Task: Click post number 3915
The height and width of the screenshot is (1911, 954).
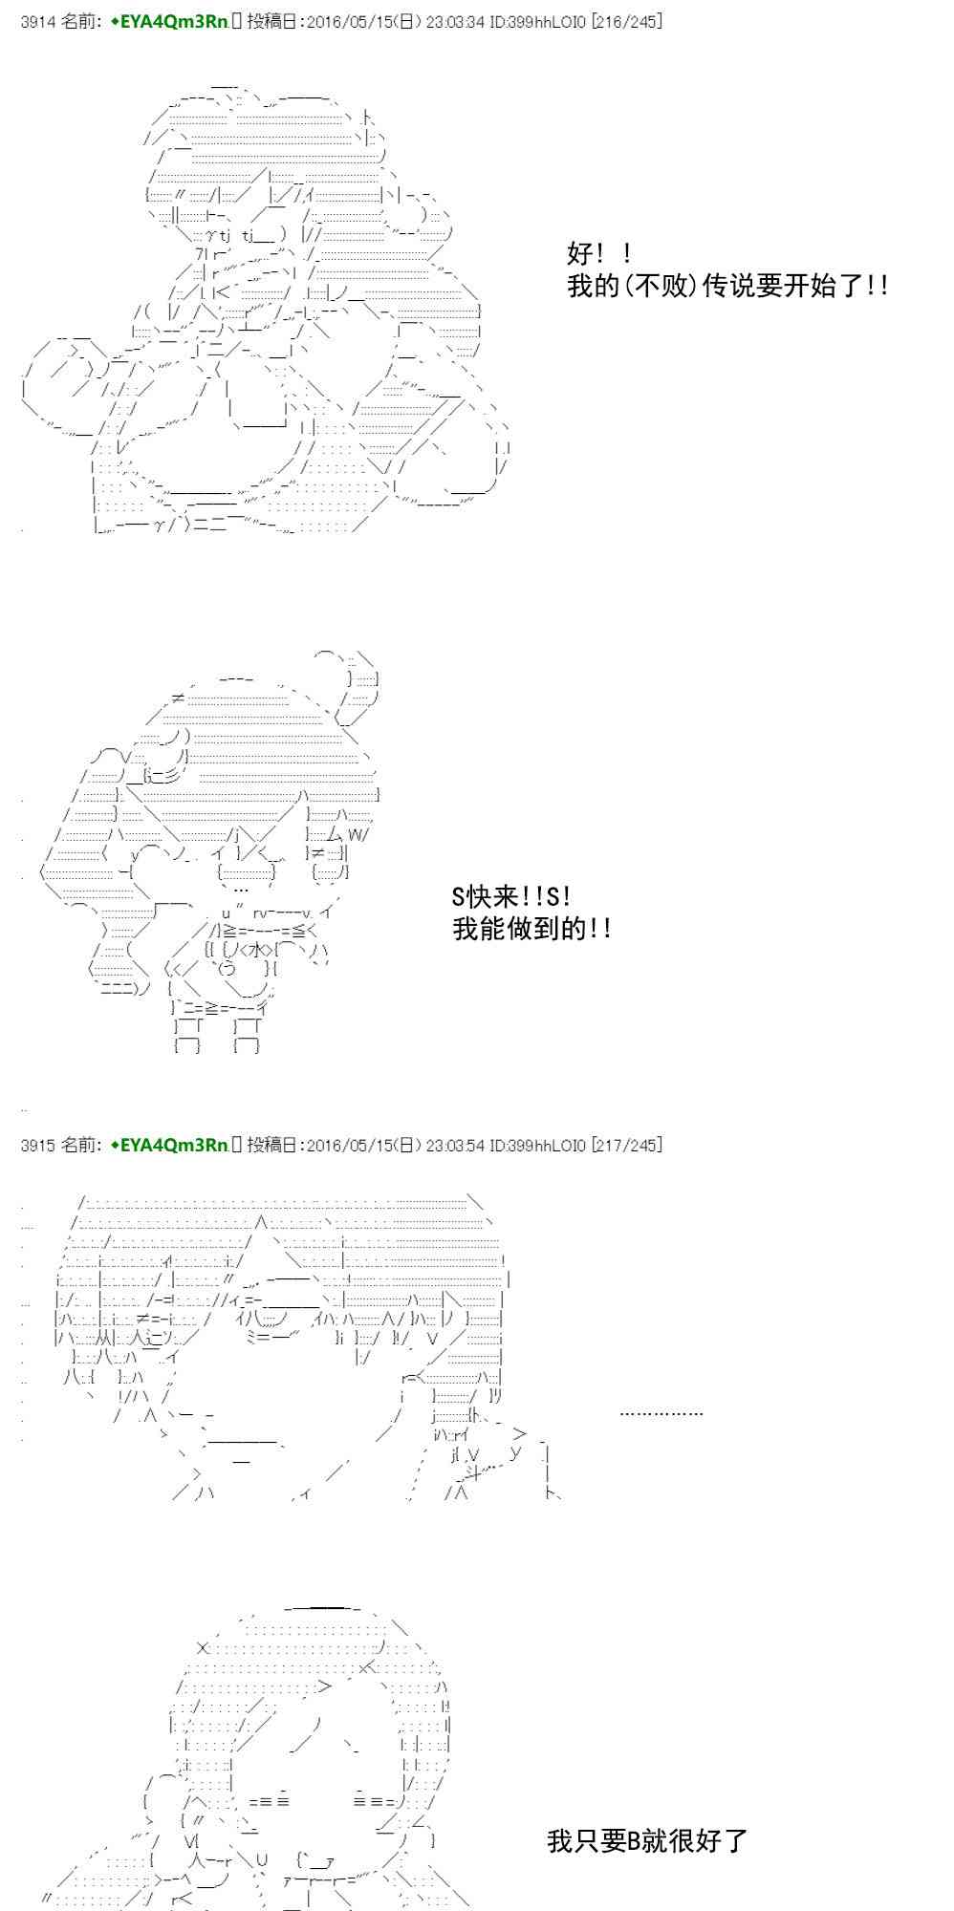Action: click(37, 1145)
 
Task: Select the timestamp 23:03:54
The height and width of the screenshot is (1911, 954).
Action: click(455, 1145)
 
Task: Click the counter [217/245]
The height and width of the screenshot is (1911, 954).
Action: click(626, 1145)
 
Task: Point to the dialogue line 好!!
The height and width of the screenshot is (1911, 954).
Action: click(599, 254)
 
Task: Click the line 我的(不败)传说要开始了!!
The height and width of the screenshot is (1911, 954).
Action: click(728, 286)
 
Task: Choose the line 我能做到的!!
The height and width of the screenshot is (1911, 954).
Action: click(531, 928)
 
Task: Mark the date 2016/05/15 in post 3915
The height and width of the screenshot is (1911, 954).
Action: click(346, 1145)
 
